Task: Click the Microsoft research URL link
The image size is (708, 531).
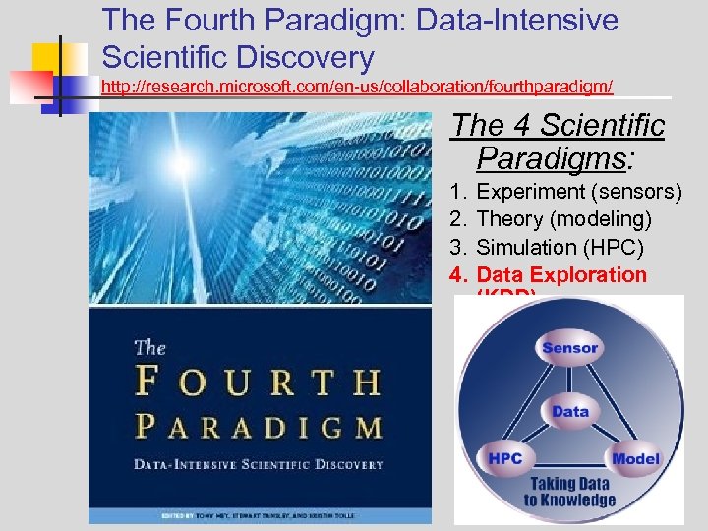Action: point(357,88)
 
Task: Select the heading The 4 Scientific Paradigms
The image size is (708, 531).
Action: point(559,141)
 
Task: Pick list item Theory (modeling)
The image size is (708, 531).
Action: point(563,218)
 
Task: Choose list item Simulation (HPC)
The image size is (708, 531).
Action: point(560,247)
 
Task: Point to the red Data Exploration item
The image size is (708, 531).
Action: point(561,275)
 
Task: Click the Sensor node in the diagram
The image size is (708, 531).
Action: point(569,348)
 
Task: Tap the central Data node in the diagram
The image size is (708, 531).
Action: point(570,412)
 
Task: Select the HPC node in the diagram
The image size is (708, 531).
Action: point(504,459)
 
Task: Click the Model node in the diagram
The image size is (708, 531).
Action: point(635,459)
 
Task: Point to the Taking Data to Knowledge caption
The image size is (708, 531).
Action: point(570,492)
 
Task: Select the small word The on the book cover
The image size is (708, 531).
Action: point(149,346)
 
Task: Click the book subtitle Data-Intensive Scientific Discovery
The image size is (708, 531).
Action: point(259,463)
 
